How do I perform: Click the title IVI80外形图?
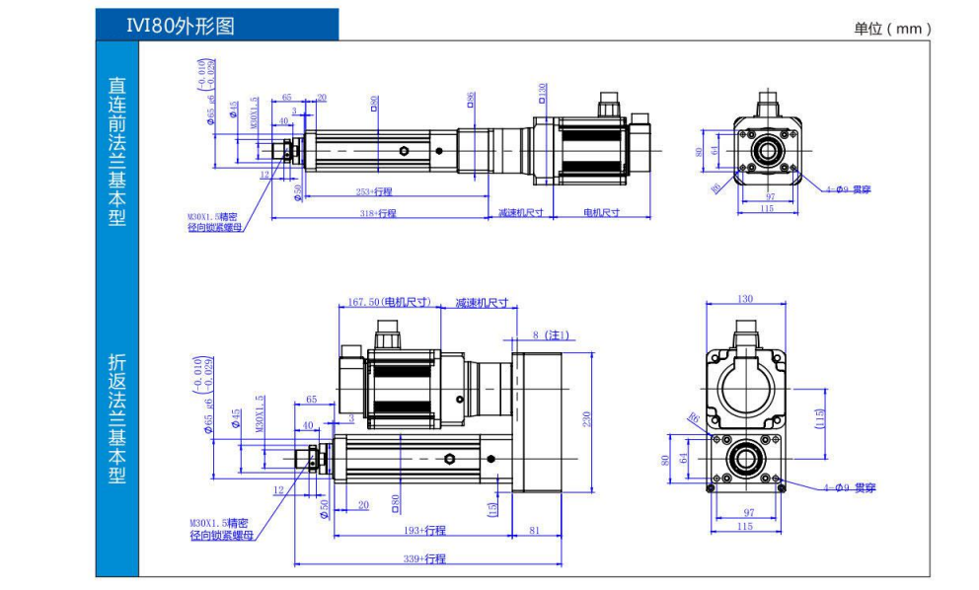181,26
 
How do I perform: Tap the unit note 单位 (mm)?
892,29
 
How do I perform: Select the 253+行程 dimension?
374,191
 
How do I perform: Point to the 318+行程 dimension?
377,213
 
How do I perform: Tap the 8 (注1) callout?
550,335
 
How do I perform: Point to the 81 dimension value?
535,530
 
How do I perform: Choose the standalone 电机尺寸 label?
601,213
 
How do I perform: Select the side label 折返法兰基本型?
117,419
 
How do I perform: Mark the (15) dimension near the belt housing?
492,508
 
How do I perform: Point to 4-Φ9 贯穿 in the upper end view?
848,188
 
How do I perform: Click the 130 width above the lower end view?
745,299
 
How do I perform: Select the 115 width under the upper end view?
766,209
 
